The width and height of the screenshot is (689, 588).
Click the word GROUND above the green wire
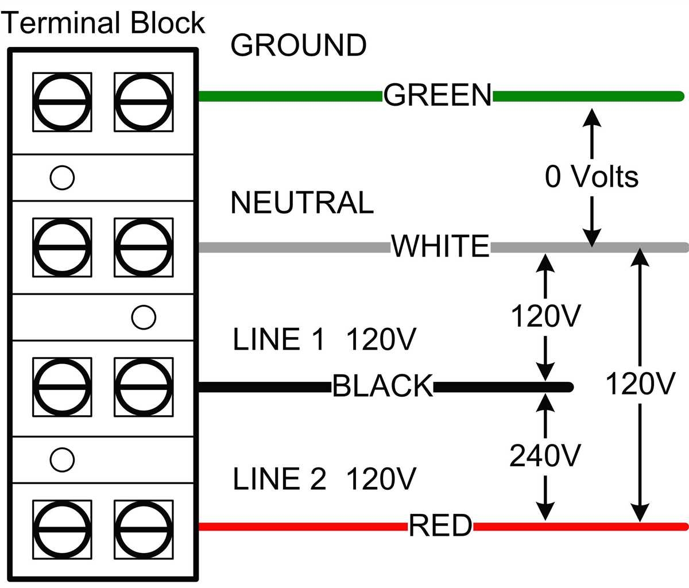[298, 45]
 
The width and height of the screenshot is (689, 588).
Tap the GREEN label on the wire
[438, 95]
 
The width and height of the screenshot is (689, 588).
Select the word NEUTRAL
[302, 203]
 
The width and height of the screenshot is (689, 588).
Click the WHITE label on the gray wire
[440, 246]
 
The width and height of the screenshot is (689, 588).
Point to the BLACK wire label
[382, 386]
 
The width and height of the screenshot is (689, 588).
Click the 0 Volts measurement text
[591, 177]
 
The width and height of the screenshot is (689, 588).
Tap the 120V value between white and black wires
[545, 316]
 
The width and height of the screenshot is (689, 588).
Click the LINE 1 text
[279, 339]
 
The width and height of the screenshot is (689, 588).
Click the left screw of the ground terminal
[62, 102]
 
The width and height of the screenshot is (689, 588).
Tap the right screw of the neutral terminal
[144, 247]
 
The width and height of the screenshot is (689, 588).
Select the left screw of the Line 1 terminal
[62, 388]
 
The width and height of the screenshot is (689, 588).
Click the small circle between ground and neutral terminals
[62, 177]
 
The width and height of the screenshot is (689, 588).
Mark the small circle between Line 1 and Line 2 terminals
[62, 460]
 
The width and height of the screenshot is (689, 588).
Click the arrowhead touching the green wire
[591, 116]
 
